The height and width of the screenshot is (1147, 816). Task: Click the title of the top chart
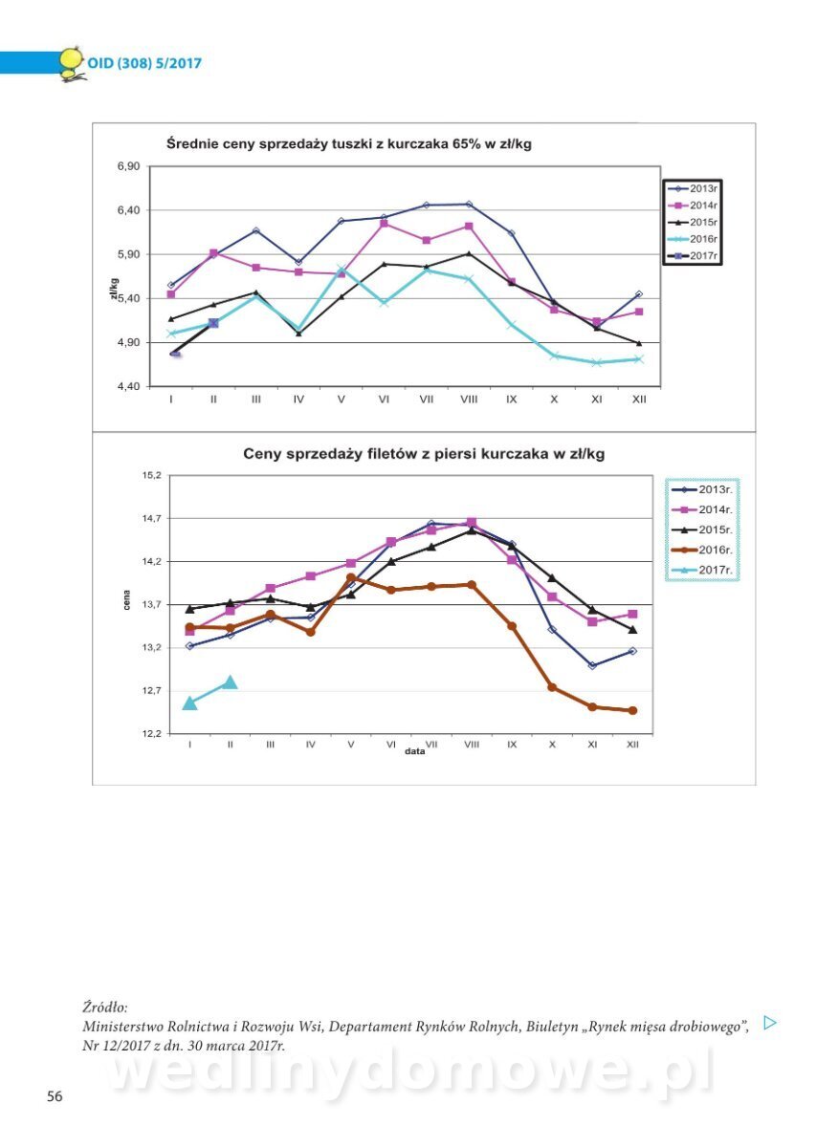click(348, 144)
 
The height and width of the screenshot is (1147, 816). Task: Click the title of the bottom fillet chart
click(423, 454)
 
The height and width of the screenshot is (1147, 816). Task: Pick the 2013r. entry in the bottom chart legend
click(707, 488)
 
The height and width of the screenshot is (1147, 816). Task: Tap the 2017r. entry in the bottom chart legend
click(707, 570)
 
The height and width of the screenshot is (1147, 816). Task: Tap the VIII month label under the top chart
click(468, 400)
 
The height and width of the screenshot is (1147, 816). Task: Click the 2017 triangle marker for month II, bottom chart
click(230, 682)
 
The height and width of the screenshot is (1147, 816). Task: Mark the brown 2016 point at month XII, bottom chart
click(632, 710)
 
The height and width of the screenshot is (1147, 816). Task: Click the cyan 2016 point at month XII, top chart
click(639, 359)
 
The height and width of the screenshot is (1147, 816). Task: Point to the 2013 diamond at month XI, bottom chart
click(592, 665)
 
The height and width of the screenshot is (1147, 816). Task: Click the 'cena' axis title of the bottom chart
click(126, 602)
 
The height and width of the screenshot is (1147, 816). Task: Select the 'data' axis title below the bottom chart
click(414, 751)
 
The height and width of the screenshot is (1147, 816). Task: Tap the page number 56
click(55, 1096)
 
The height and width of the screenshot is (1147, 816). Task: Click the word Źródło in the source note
click(104, 1007)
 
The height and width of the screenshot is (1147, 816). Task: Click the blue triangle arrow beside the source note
click(770, 1023)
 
